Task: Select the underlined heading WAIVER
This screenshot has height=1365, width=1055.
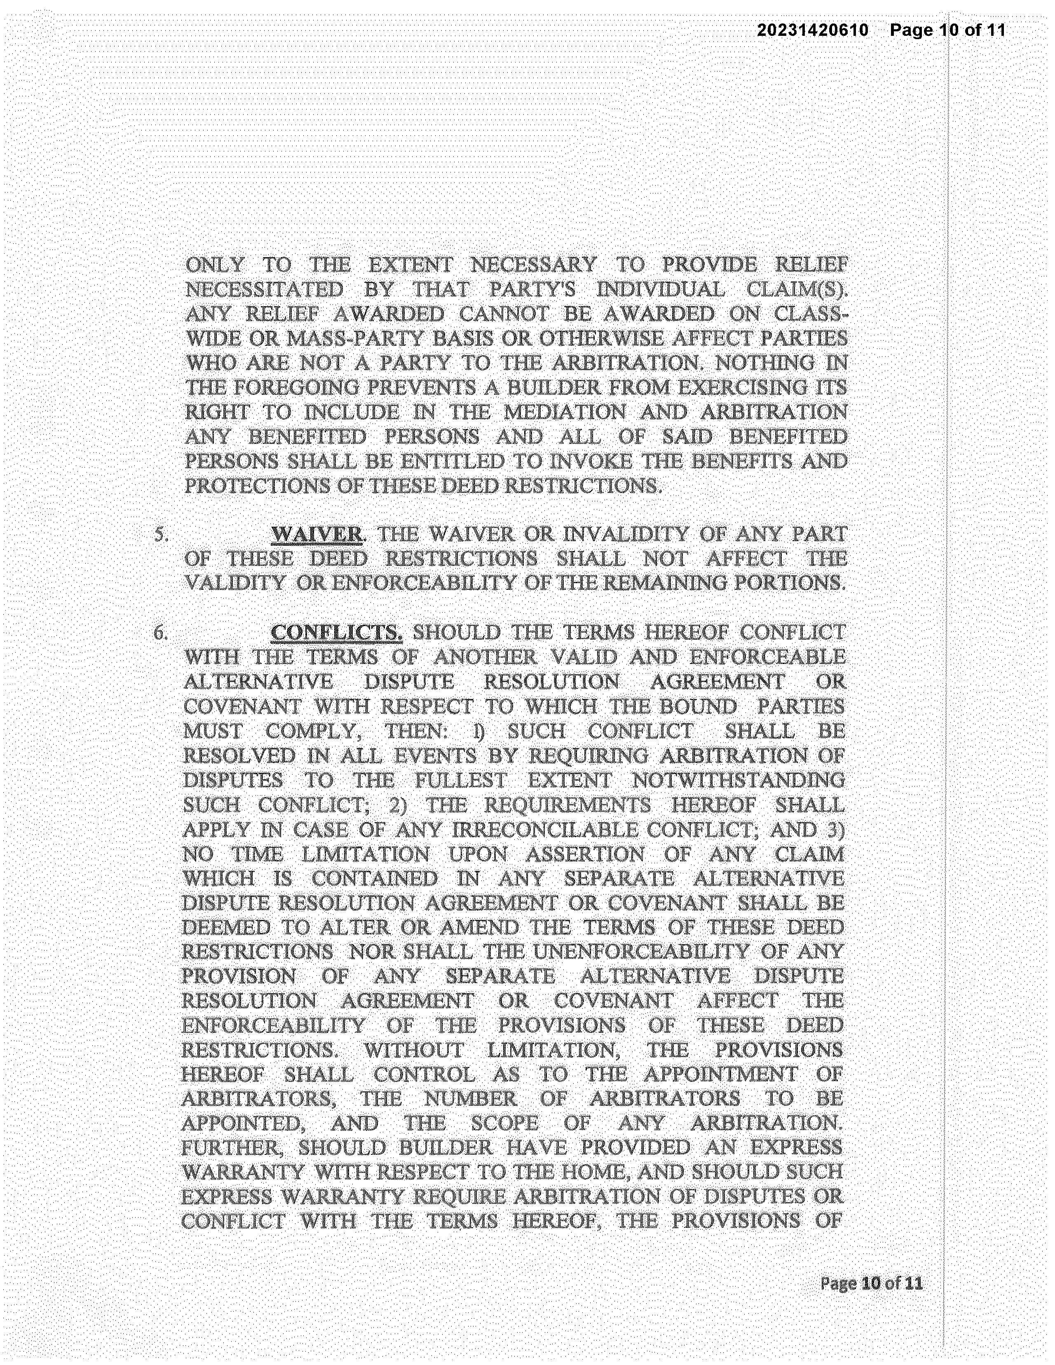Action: coord(317,535)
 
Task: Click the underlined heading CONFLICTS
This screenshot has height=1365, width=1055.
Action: coord(336,633)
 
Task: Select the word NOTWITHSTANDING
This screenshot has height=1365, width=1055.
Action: coord(739,781)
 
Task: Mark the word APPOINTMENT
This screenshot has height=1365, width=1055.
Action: coord(721,1074)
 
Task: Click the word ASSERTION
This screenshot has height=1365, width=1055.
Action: coord(584,854)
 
